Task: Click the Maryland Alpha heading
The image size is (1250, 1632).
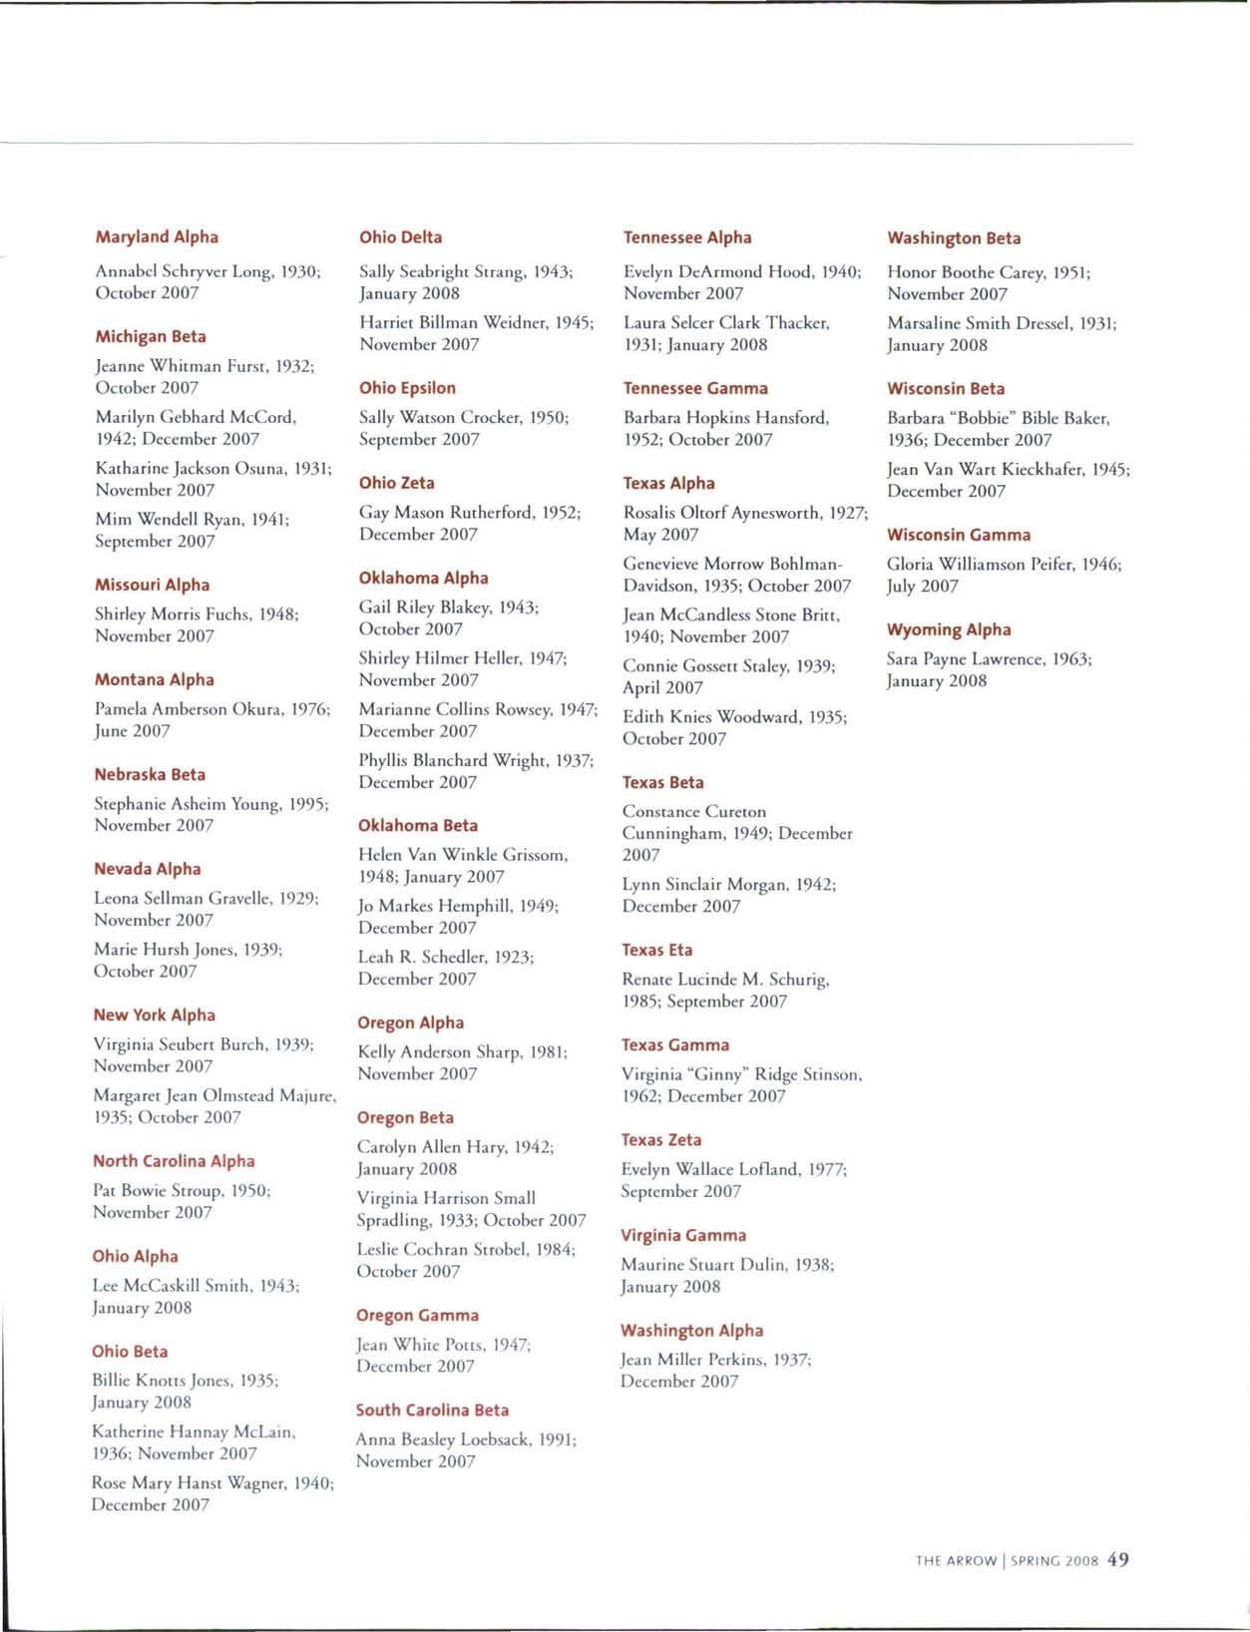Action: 157,237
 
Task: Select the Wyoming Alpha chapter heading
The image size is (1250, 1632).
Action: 949,629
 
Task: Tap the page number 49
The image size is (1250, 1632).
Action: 1117,1559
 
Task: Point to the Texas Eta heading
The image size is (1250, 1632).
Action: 656,950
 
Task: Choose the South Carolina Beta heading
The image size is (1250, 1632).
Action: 432,1410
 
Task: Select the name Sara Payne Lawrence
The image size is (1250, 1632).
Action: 966,659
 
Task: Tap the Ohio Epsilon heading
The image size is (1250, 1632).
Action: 407,388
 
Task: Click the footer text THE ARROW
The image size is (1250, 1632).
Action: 956,1561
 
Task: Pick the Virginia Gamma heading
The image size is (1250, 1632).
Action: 683,1235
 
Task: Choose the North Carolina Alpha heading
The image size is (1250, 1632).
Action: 174,1161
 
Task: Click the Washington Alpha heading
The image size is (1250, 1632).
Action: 691,1330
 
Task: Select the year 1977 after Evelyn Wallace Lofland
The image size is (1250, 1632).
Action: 824,1169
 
